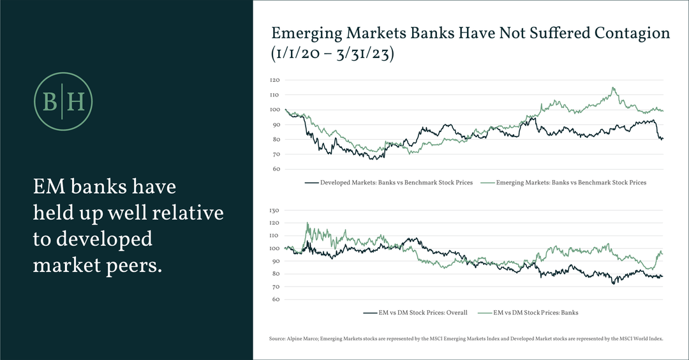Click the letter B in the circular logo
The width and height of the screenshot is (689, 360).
coord(49,102)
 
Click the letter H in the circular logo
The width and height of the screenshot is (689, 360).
coord(75,102)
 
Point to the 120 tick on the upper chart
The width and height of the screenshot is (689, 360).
coord(275,80)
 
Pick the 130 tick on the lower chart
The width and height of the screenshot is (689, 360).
coord(275,210)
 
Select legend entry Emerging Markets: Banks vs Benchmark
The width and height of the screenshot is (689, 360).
coord(570,183)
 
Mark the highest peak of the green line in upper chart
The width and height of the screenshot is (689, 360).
coord(613,88)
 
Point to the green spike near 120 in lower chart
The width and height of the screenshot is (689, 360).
coord(307,223)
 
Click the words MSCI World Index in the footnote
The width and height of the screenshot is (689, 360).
coord(646,340)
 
